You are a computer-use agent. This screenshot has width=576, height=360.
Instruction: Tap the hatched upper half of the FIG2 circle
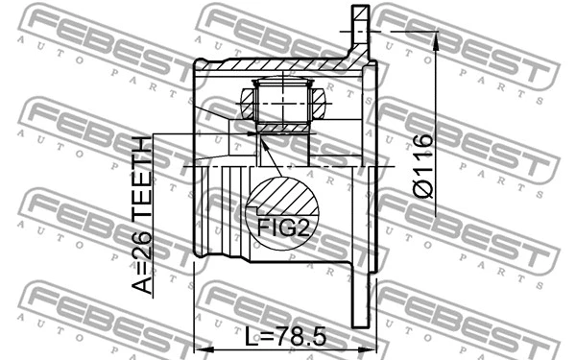point(282,197)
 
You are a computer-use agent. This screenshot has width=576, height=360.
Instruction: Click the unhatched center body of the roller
point(280,101)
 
